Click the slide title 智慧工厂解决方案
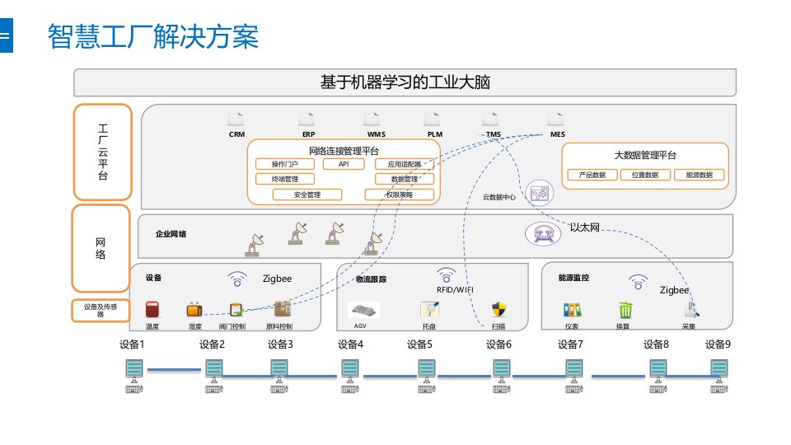pos(153,37)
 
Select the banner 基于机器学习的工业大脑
pos(405,82)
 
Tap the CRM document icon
pos(236,119)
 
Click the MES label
pos(557,133)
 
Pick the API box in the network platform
pos(344,164)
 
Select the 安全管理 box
pos(307,194)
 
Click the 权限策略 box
pos(399,194)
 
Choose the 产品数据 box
pos(592,175)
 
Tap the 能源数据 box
pos(699,175)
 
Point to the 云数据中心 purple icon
pos(540,194)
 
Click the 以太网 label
pos(584,227)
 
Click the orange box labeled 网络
pos(101,248)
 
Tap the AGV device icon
pos(360,310)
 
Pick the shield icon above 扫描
pos(498,310)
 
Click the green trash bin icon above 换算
pos(625,310)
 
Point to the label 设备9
pos(718,344)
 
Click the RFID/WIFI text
pos(455,290)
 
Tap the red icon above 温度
pos(152,310)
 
